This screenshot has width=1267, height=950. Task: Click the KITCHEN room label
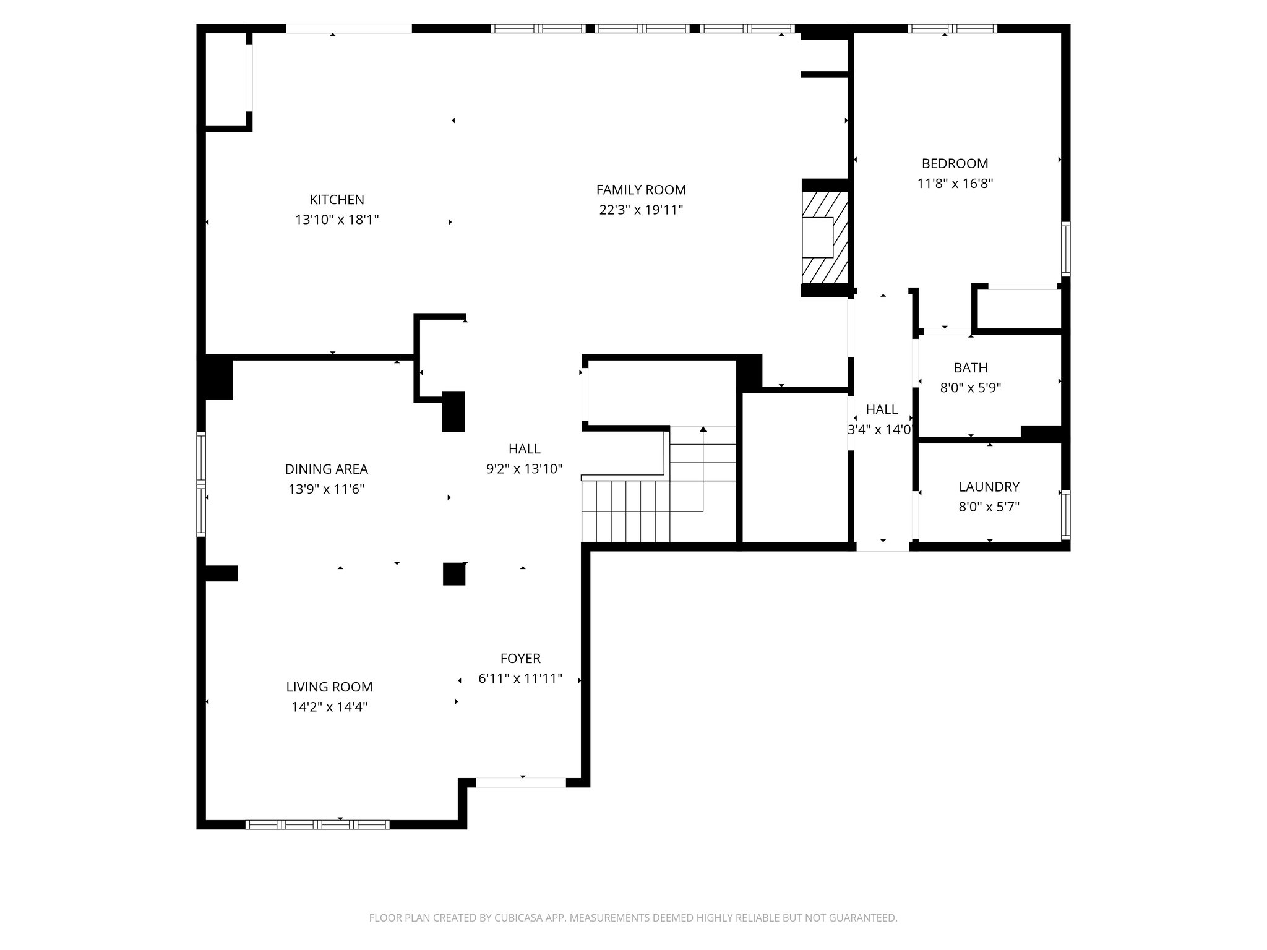337,200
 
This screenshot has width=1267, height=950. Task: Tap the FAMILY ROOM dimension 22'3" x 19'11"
641,210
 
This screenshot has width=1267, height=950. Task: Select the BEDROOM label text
955,163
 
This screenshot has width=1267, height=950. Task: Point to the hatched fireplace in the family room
824,237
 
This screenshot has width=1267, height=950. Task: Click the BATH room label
970,368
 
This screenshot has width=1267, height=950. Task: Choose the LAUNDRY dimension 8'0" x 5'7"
989,507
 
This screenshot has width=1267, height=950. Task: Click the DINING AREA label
326,469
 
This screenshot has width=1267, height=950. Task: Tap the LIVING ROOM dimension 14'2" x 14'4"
329,707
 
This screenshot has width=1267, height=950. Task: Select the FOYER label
520,659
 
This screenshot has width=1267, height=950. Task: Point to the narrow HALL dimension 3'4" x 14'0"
880,429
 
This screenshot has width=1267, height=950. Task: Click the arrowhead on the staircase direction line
703,429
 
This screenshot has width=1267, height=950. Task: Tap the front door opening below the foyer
521,782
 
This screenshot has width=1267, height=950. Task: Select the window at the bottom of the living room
317,824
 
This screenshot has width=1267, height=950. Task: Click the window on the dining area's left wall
201,484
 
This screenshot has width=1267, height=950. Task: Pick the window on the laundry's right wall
1065,513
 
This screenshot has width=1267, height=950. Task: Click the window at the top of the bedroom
952,28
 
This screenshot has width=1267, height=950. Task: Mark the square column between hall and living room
453,573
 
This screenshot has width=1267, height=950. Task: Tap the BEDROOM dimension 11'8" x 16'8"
955,184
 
